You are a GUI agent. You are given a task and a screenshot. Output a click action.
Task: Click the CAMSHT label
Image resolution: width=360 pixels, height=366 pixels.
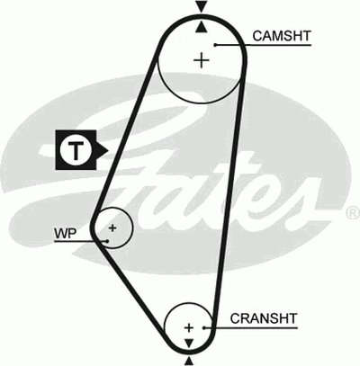click(x=282, y=36)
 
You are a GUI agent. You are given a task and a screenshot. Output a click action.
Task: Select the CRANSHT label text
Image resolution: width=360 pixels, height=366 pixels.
click(x=264, y=318)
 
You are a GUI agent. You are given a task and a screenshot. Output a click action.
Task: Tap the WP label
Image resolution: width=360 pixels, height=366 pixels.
click(x=65, y=233)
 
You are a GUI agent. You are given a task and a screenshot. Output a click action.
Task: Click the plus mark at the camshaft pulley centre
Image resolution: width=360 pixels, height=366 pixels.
click(x=202, y=60)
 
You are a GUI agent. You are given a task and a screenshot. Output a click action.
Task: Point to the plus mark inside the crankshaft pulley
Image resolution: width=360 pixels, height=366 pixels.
click(x=189, y=327)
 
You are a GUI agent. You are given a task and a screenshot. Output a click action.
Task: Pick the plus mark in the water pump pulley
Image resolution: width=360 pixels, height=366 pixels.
click(x=112, y=228)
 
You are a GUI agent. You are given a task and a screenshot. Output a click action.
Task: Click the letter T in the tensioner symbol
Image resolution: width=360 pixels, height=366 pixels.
click(x=76, y=150)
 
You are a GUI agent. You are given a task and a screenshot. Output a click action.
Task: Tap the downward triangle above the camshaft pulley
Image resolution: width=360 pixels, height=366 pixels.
click(x=202, y=6)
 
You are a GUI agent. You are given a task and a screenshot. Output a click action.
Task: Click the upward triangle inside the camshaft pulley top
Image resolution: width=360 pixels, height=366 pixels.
click(x=202, y=27)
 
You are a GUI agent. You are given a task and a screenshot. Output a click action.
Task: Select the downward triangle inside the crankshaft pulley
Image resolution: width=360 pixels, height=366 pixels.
click(x=189, y=344)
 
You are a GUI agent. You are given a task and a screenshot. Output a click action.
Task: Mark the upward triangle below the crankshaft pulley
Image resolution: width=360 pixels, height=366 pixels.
click(x=189, y=361)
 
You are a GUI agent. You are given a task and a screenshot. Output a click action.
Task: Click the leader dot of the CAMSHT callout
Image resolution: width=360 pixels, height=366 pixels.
click(x=215, y=45)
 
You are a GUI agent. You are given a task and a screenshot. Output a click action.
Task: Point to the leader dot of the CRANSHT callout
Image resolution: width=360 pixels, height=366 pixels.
click(x=204, y=327)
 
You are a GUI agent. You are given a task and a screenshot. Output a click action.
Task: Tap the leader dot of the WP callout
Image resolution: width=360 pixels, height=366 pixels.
click(x=107, y=241)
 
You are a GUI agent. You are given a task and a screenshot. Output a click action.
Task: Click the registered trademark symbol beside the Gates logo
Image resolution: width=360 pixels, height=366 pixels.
click(x=354, y=212)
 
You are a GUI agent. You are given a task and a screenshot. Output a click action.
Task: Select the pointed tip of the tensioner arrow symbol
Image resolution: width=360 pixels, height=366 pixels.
click(x=108, y=150)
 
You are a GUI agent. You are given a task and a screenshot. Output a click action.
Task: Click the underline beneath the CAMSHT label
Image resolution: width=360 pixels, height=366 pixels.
click(x=264, y=45)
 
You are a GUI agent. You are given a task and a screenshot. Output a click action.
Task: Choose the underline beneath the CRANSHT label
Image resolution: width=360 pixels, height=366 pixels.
click(x=251, y=328)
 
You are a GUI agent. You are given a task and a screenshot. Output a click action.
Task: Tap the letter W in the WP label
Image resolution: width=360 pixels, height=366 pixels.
click(x=60, y=233)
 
